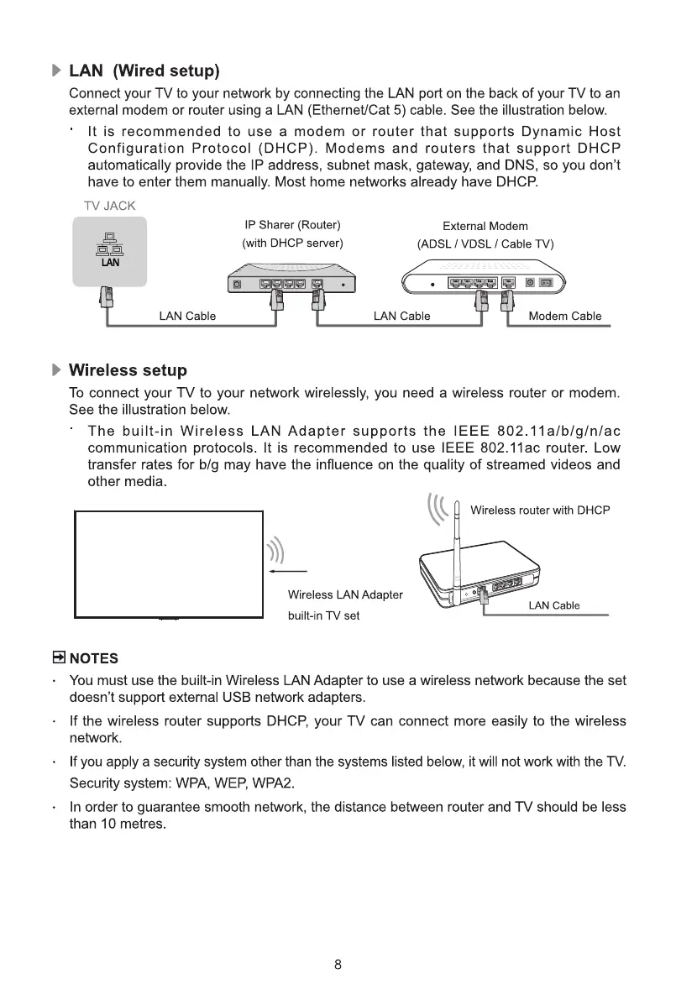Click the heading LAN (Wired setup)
144,69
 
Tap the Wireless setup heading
128,370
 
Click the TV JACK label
110,206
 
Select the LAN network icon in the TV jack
110,249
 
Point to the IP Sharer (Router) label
292,225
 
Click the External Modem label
485,226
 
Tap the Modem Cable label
565,317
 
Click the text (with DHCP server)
292,243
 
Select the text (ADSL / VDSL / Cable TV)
485,244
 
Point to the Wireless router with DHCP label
540,510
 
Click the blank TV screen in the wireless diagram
169,563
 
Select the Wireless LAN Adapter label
345,595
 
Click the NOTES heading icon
59,657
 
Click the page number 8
338,965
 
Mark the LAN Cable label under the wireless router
554,606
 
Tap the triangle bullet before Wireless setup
57,370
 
